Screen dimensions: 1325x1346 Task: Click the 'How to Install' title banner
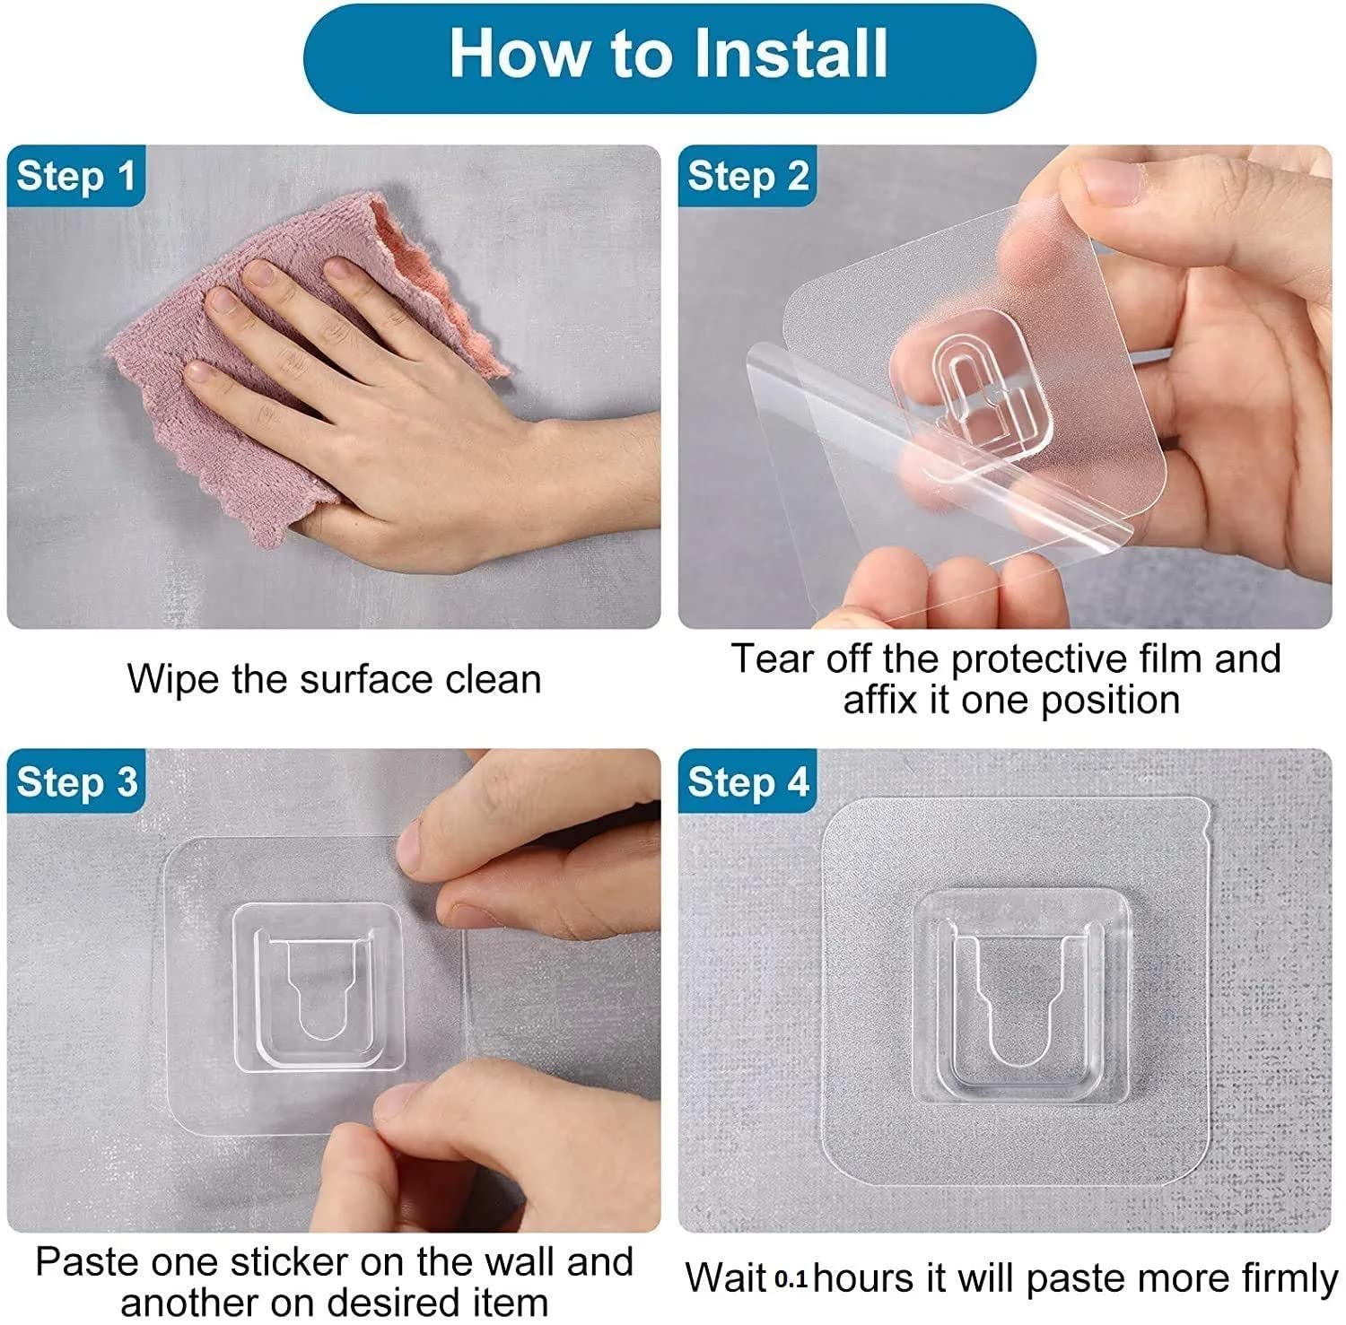pyautogui.click(x=669, y=56)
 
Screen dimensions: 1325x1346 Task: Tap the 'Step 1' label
pyautogui.click(x=75, y=176)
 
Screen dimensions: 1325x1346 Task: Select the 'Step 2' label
pyautogui.click(x=747, y=176)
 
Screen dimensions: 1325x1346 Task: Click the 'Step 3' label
pyautogui.click(x=76, y=781)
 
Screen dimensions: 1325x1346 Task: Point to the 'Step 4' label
pyautogui.click(x=747, y=781)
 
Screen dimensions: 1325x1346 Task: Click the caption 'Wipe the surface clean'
pyautogui.click(x=334, y=678)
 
